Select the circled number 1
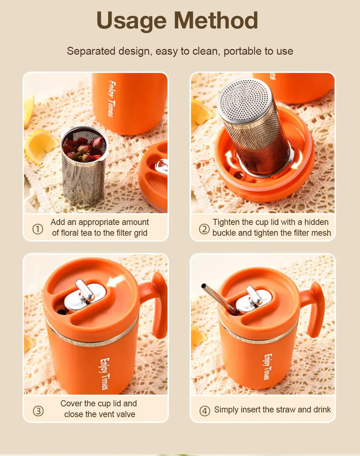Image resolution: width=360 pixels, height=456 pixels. coord(38,229)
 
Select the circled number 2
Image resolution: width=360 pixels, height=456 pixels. coord(204,229)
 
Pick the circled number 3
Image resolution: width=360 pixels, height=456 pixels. coord(38,411)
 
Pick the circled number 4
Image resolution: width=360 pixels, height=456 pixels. coord(205,411)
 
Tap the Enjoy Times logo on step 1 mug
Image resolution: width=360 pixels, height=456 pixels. coord(112,99)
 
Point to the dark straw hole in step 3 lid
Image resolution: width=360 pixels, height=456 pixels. coord(62,312)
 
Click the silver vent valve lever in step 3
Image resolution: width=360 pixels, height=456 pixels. coord(85,290)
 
